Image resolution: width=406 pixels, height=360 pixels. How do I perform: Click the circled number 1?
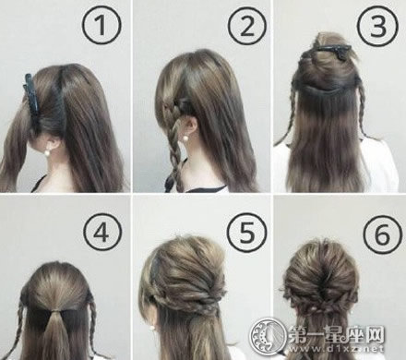click(101, 25)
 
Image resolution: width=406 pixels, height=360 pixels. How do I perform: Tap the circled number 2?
click(247, 25)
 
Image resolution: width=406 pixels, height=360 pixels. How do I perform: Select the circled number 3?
click(378, 25)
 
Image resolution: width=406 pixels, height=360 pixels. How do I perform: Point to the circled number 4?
click(101, 233)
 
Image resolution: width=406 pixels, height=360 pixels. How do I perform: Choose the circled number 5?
click(247, 233)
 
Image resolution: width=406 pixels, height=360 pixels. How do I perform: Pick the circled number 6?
click(382, 234)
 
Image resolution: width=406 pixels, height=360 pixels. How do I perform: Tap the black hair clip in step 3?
click(334, 51)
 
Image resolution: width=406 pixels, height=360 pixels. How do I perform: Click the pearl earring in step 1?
click(48, 152)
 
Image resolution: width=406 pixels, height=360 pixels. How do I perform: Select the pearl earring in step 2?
click(185, 138)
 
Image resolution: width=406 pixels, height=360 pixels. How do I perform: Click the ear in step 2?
click(188, 126)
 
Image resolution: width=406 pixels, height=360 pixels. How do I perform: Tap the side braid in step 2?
click(175, 141)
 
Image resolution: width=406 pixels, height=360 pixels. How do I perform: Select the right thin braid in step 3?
click(363, 108)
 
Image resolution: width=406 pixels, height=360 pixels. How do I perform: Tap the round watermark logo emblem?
click(267, 335)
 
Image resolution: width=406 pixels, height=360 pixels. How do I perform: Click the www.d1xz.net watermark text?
click(336, 349)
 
